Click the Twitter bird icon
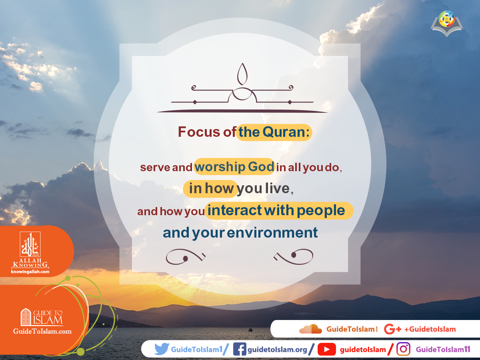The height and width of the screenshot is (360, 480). [x=162, y=349]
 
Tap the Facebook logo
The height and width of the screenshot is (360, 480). [x=239, y=349]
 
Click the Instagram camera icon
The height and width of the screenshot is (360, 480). [x=404, y=349]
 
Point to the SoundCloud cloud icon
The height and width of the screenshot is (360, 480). [x=311, y=329]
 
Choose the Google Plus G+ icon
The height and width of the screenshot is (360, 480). [x=392, y=329]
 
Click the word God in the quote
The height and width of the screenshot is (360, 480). [x=260, y=167]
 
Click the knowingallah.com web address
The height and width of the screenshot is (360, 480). [x=30, y=272]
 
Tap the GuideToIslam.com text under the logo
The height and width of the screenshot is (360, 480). [x=42, y=331]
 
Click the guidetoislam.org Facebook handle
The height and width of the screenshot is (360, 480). [x=277, y=350]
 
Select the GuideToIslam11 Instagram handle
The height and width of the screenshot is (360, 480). [x=443, y=350]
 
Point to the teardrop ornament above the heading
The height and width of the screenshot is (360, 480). [x=242, y=74]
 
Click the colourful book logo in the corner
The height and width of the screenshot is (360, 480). [x=447, y=22]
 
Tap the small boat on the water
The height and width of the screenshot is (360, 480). [x=250, y=330]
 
